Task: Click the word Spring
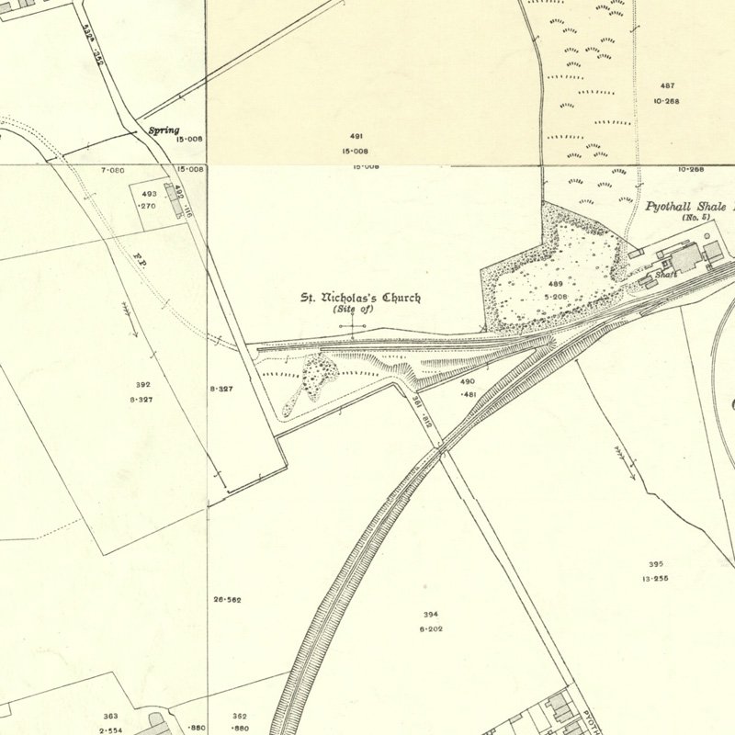tap(164, 130)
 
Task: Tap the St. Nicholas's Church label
tap(362, 298)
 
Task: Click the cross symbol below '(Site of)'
tap(353, 326)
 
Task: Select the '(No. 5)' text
tap(695, 218)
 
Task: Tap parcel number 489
tap(555, 285)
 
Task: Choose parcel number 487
tap(666, 85)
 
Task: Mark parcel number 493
tap(149, 194)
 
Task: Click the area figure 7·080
tap(112, 171)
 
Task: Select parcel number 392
tap(141, 385)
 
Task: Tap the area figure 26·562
tap(227, 600)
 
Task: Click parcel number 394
tap(431, 614)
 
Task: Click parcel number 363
tap(110, 716)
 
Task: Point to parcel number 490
tap(468, 380)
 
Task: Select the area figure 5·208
tap(555, 297)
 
